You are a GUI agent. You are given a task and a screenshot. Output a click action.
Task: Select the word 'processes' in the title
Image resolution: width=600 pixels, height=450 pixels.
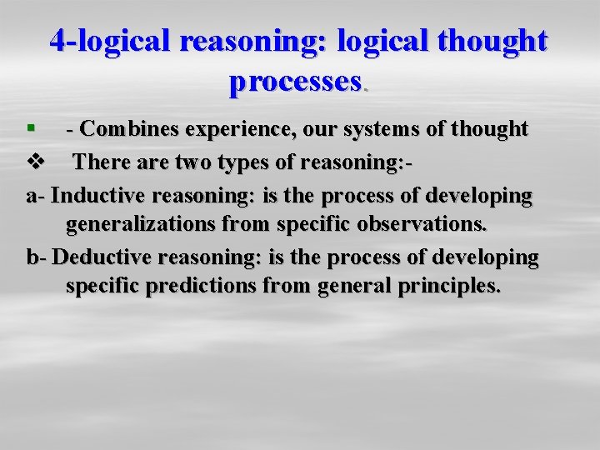tap(294, 81)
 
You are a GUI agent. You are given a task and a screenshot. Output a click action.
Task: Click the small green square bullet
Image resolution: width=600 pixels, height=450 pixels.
tap(31, 128)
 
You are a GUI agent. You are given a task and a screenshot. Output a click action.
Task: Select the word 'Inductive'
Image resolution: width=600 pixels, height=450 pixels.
tap(103, 195)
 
